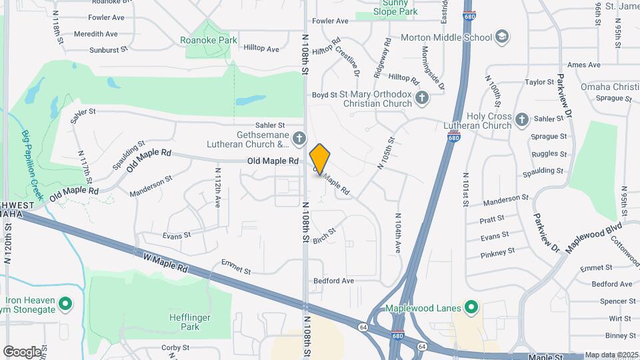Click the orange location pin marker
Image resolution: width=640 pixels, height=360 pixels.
320,159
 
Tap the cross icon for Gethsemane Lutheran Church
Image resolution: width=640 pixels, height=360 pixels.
299,139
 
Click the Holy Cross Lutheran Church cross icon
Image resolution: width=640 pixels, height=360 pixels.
522,120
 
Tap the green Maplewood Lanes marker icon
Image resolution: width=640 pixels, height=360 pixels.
471,308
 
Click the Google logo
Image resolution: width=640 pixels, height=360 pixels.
22,351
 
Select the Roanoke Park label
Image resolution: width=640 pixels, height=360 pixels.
209,40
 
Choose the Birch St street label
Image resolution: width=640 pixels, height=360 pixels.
324,235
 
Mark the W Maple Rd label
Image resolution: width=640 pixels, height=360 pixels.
165,261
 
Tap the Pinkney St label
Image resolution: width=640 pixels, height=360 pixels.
498,252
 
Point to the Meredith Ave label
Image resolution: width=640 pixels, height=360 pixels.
96,34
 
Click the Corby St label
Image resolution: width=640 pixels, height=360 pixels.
176,347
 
